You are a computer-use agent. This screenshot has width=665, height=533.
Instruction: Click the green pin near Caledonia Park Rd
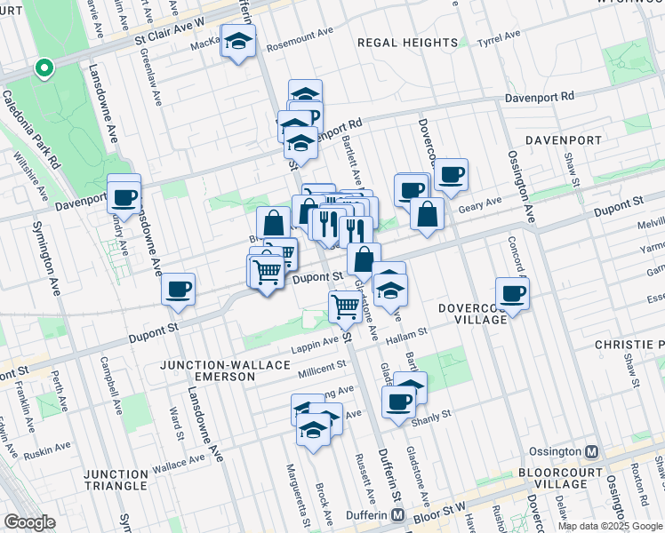43,68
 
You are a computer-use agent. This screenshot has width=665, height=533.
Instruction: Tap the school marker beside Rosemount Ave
237,43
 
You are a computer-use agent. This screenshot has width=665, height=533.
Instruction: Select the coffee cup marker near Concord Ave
511,292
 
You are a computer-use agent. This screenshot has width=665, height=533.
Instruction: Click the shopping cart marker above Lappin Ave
345,308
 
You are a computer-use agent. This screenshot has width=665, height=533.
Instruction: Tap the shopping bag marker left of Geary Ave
428,214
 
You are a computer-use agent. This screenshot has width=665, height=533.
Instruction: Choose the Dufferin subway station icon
399,515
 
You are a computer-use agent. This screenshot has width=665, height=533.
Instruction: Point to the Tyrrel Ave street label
499,39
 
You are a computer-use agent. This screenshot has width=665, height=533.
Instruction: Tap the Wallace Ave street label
179,462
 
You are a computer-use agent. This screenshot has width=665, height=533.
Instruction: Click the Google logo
31,522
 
